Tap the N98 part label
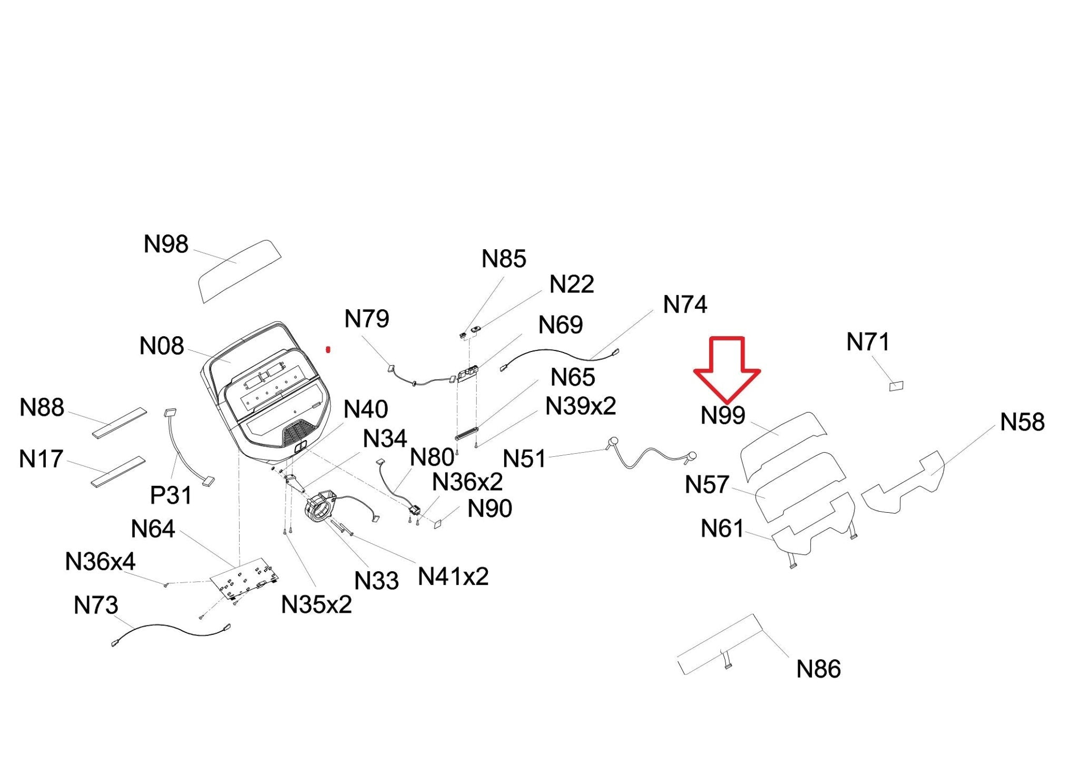coord(166,244)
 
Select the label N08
coord(162,346)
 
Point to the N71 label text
coord(868,343)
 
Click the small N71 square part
coord(896,386)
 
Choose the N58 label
coord(1022,422)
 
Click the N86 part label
coord(818,669)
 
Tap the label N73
coord(96,605)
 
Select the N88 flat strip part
coord(120,422)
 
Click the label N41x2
coord(453,577)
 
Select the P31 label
coord(171,495)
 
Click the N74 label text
coord(685,305)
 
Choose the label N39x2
coord(581,406)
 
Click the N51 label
coord(524,459)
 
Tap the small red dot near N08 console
coord(328,349)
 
